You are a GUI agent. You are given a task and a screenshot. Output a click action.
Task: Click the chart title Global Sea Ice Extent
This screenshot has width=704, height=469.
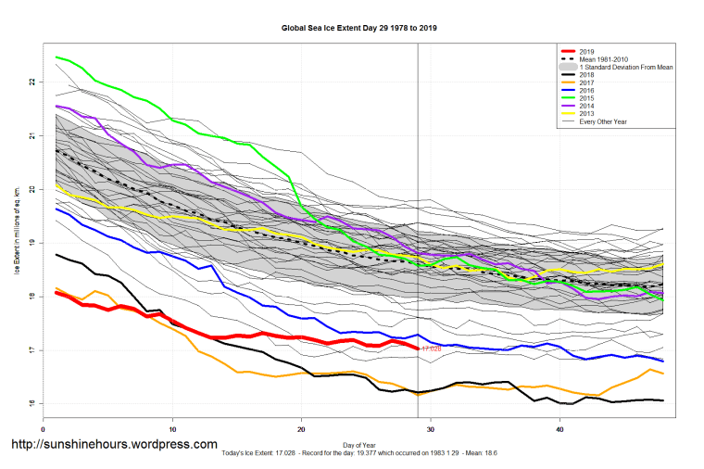(x=358, y=28)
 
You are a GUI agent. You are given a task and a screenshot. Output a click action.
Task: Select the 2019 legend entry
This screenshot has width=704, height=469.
(x=585, y=52)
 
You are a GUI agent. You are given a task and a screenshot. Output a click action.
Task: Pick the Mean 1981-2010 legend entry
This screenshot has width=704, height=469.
(x=601, y=60)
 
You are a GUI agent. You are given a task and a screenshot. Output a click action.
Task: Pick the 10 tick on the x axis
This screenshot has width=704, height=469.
(x=172, y=429)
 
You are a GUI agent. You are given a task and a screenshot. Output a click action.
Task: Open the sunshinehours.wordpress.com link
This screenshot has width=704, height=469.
(x=114, y=445)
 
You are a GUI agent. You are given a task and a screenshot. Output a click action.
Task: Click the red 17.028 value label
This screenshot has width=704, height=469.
(x=432, y=349)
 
